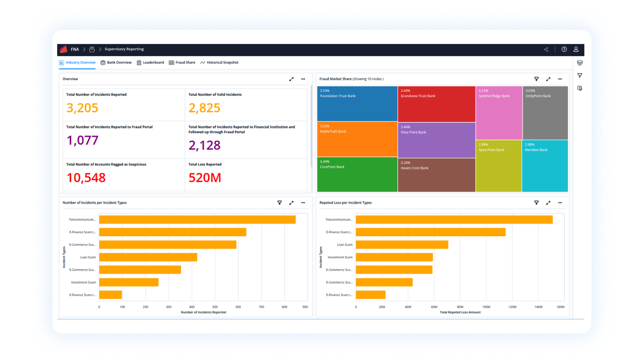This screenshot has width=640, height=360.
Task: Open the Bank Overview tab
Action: click(116, 63)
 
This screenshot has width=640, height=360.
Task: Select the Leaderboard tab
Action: click(150, 63)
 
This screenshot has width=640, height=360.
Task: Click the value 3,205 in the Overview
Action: click(82, 108)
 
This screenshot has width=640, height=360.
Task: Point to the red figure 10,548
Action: click(86, 178)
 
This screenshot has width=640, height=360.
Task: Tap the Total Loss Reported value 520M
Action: click(205, 178)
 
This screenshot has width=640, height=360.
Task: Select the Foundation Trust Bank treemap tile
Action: click(357, 104)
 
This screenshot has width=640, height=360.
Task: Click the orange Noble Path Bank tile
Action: click(357, 139)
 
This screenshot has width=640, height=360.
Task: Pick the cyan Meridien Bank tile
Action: click(545, 166)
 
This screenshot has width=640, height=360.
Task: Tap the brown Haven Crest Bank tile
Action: click(436, 175)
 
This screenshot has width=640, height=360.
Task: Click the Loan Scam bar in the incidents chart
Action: click(148, 257)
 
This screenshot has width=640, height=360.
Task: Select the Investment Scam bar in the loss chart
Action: click(394, 257)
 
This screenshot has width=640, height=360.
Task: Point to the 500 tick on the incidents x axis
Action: click(215, 307)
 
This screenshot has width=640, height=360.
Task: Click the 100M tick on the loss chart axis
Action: click(486, 307)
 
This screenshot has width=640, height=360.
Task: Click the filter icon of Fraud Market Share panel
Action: click(536, 79)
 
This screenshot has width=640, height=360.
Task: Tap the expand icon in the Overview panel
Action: click(291, 79)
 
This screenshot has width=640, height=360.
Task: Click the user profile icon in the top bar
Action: click(576, 50)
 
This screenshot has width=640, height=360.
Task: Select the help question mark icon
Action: click(564, 50)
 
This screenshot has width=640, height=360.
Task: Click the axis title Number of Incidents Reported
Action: click(203, 312)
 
